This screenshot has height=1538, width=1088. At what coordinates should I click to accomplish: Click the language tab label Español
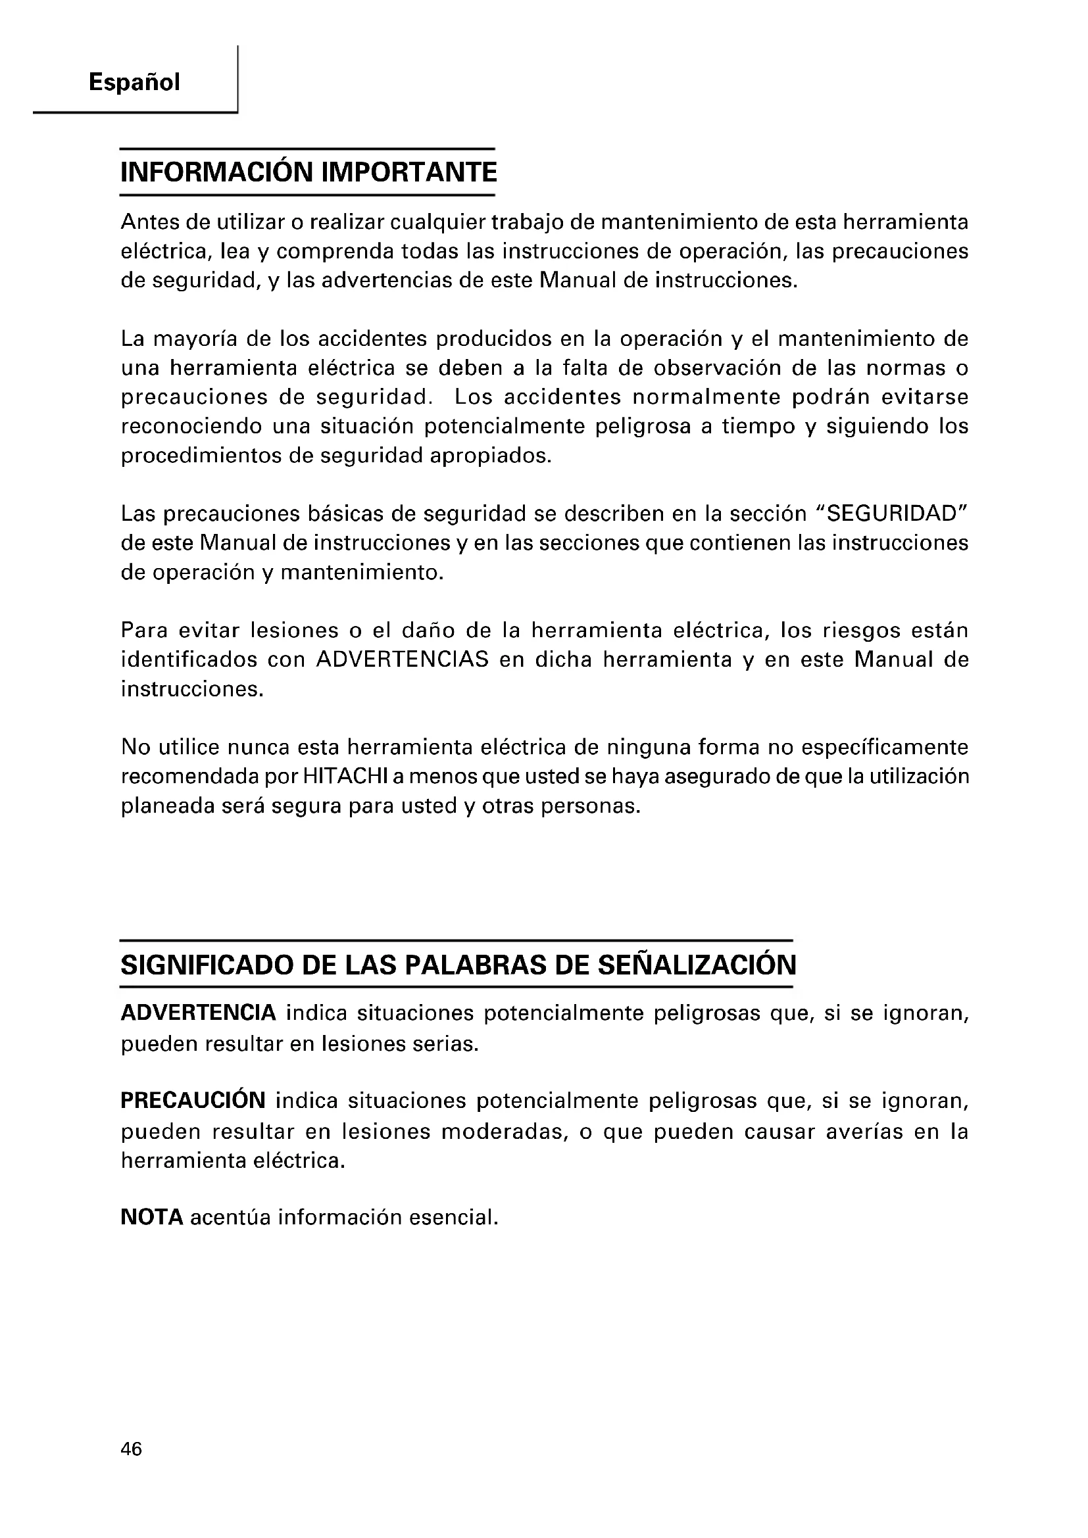point(134,83)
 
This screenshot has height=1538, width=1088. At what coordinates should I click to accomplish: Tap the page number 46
point(132,1450)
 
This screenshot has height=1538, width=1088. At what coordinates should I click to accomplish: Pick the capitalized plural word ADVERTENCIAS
point(403,660)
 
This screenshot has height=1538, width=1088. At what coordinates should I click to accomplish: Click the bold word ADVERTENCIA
point(198,1013)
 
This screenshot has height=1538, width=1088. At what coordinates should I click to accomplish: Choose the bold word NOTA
point(152,1217)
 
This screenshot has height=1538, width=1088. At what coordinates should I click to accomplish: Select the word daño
point(429,631)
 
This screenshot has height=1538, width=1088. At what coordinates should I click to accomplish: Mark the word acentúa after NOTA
point(230,1217)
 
